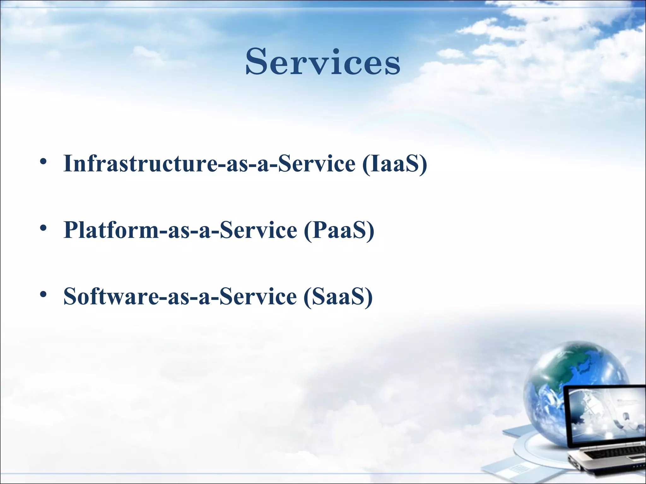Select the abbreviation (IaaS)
[x=395, y=164]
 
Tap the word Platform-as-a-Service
[x=180, y=230]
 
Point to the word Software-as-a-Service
[x=180, y=297]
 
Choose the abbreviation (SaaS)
[x=338, y=297]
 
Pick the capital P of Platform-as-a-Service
[x=72, y=230]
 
